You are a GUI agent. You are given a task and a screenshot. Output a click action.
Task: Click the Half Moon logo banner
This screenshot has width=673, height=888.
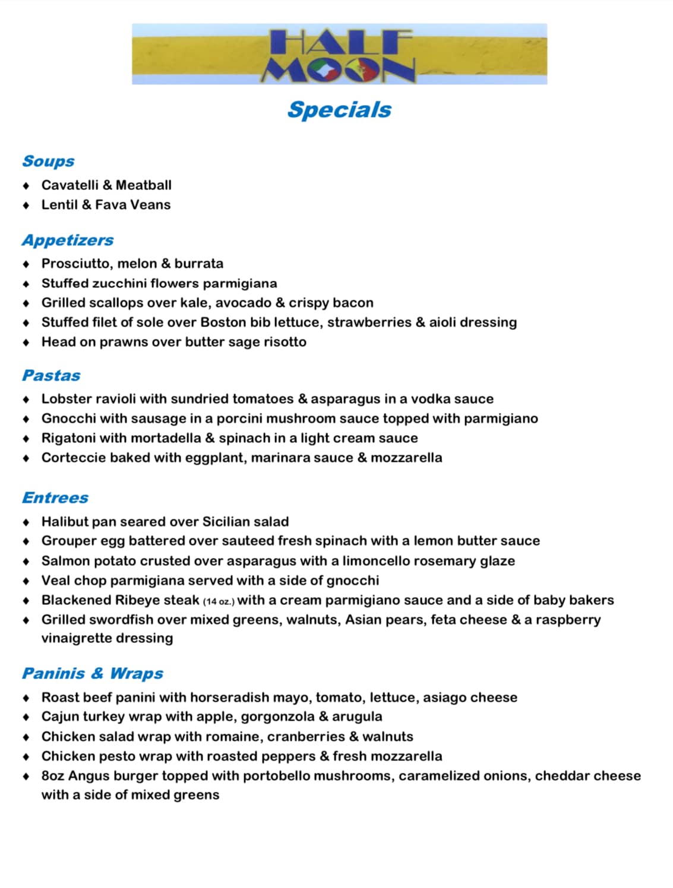click(x=339, y=54)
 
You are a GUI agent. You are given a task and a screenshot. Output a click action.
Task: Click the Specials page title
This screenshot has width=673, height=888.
click(x=339, y=110)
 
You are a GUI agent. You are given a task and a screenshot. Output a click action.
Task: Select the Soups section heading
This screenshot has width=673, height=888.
click(x=48, y=161)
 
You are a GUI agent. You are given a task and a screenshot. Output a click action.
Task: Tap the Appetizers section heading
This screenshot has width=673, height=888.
click(x=68, y=240)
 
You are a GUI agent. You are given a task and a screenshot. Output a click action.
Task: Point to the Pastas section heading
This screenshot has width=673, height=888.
click(x=51, y=375)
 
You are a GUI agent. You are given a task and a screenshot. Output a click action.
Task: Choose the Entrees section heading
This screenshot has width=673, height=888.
click(x=55, y=497)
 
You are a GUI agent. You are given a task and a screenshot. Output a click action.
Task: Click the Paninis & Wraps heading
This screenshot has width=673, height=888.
click(x=93, y=673)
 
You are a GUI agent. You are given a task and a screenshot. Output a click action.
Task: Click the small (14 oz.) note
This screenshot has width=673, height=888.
click(x=219, y=601)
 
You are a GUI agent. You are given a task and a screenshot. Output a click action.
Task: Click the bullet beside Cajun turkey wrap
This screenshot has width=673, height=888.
click(x=26, y=717)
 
